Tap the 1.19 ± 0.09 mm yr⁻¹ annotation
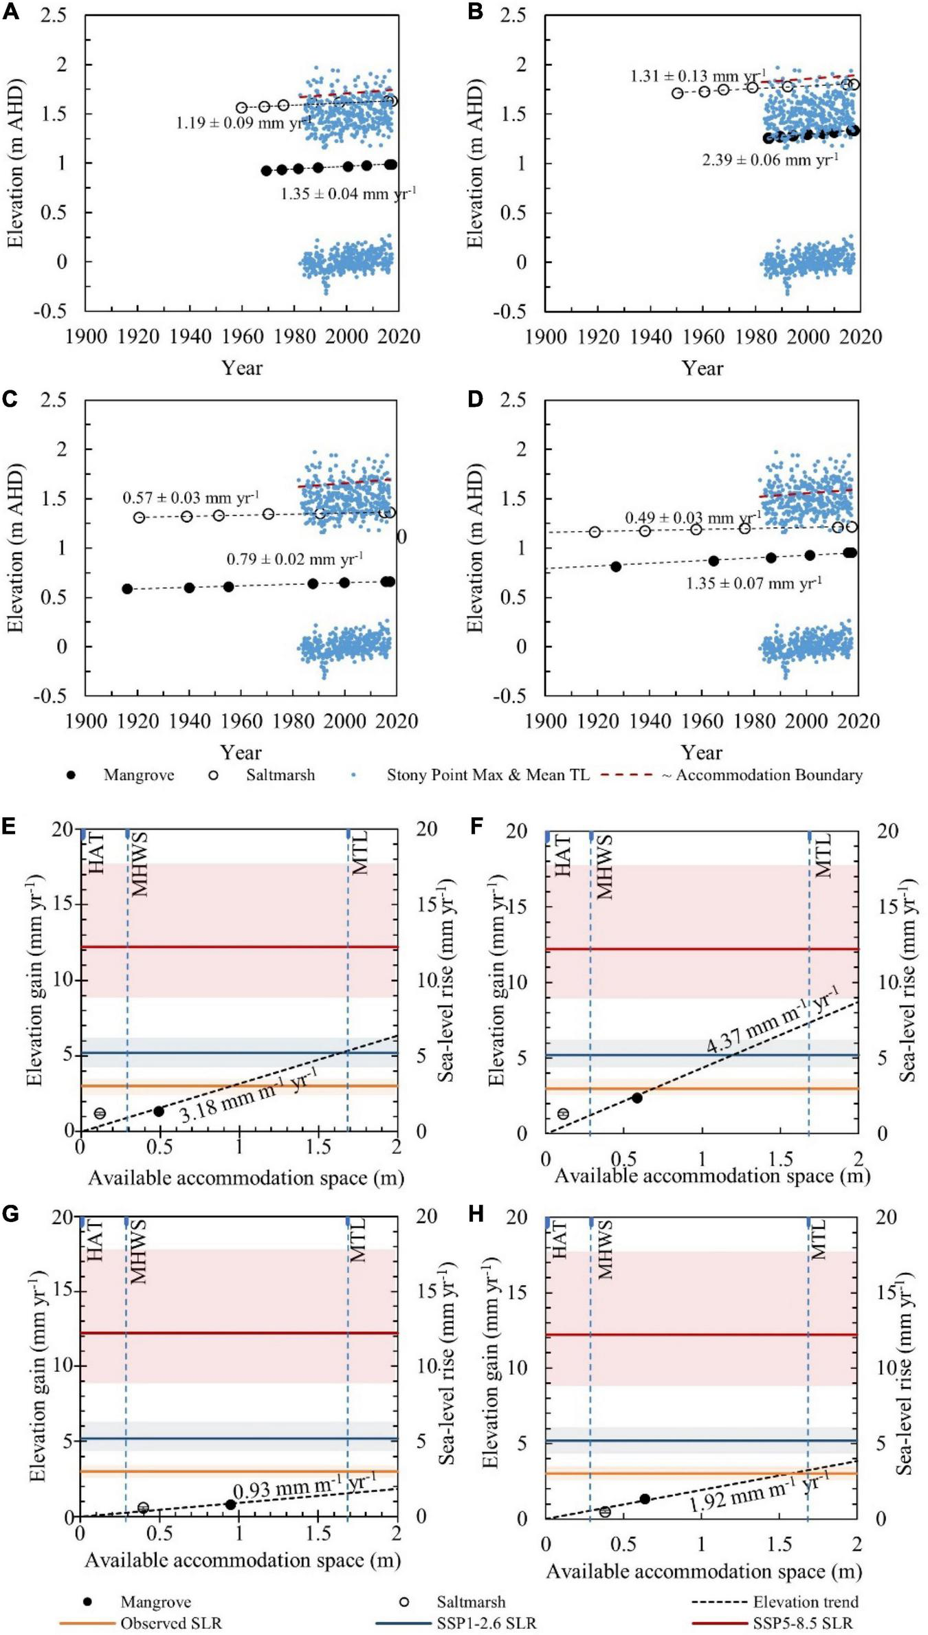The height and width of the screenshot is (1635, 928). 243,124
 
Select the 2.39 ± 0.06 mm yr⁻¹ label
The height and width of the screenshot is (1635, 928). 770,160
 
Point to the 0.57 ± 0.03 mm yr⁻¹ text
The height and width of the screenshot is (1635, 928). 190,498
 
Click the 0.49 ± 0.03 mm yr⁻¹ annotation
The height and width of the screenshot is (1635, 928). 692,518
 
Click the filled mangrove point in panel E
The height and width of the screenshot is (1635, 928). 159,1111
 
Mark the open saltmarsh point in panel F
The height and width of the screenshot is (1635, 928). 564,1113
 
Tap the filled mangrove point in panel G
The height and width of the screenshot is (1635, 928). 231,1504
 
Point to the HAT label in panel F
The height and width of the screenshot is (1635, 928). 563,855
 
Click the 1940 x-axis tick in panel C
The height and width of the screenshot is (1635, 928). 190,721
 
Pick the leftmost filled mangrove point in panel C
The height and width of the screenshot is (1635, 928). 127,589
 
